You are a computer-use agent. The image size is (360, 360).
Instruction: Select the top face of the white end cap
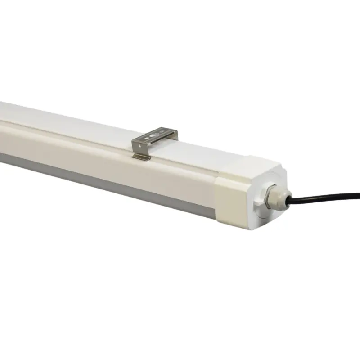click(x=252, y=164)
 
